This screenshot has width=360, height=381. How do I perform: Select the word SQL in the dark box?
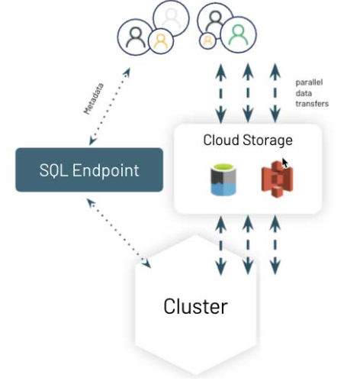pyautogui.click(x=56, y=170)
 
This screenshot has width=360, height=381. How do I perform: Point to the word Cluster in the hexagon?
pyautogui.click(x=195, y=306)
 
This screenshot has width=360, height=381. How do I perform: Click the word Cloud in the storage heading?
pyautogui.click(x=220, y=140)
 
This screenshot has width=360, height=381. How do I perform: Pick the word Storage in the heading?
pyautogui.click(x=268, y=140)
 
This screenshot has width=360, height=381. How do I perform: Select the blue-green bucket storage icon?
pyautogui.click(x=224, y=177)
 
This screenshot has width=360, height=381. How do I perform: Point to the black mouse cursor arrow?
pyautogui.click(x=285, y=163)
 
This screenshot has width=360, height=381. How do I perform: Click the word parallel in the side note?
pyautogui.click(x=309, y=82)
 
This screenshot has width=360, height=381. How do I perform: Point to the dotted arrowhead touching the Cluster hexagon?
pyautogui.click(x=145, y=263)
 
